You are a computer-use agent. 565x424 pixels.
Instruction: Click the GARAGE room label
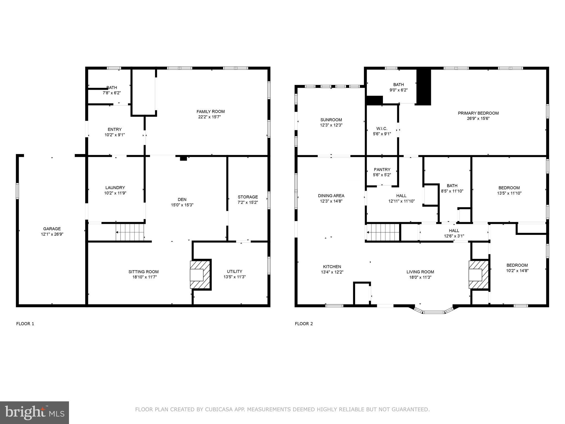[x=52, y=229]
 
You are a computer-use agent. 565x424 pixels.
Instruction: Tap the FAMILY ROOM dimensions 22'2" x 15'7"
[x=210, y=117]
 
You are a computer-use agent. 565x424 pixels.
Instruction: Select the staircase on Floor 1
[x=130, y=232]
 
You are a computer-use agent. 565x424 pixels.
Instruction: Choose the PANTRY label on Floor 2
[x=382, y=169]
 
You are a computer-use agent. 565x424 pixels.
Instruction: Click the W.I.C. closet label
[x=382, y=129]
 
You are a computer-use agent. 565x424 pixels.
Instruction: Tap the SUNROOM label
[x=331, y=120]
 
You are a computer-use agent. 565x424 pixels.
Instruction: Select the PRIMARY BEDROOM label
[x=478, y=113]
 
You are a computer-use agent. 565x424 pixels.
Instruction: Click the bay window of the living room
[x=434, y=312]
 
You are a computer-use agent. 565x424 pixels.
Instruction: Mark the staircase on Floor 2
[x=383, y=232]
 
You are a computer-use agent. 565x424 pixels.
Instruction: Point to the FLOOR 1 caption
[x=25, y=324]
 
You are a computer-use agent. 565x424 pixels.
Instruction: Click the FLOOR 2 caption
[x=304, y=324]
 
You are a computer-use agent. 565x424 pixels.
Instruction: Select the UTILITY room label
[x=234, y=271]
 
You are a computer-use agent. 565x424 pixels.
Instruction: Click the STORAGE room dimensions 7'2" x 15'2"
[x=248, y=202]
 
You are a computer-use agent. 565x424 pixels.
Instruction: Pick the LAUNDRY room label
[x=115, y=188]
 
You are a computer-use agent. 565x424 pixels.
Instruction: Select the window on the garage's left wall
[x=17, y=191]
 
